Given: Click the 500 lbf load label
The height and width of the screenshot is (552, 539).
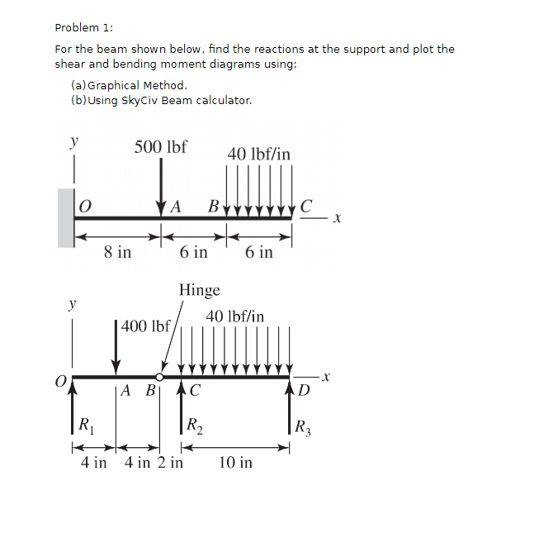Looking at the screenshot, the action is click(x=160, y=147).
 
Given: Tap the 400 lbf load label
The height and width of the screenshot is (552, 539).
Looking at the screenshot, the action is click(x=145, y=326).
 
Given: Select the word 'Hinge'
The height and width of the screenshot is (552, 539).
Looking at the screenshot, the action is click(x=200, y=290).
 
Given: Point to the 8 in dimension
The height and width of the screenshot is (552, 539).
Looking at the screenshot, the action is click(x=117, y=252).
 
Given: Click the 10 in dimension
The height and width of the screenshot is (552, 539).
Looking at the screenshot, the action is click(x=236, y=462).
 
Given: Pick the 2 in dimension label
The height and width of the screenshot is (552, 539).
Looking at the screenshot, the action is click(x=171, y=462).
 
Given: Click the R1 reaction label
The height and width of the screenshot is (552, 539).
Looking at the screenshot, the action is click(x=84, y=426).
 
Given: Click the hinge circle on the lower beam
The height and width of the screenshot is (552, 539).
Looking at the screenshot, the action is click(x=159, y=376).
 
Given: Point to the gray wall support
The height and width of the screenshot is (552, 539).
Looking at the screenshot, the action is click(x=66, y=218).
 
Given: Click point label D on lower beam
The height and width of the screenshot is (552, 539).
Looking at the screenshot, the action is click(x=305, y=389).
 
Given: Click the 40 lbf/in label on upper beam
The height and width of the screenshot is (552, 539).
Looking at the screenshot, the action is click(x=258, y=154).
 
